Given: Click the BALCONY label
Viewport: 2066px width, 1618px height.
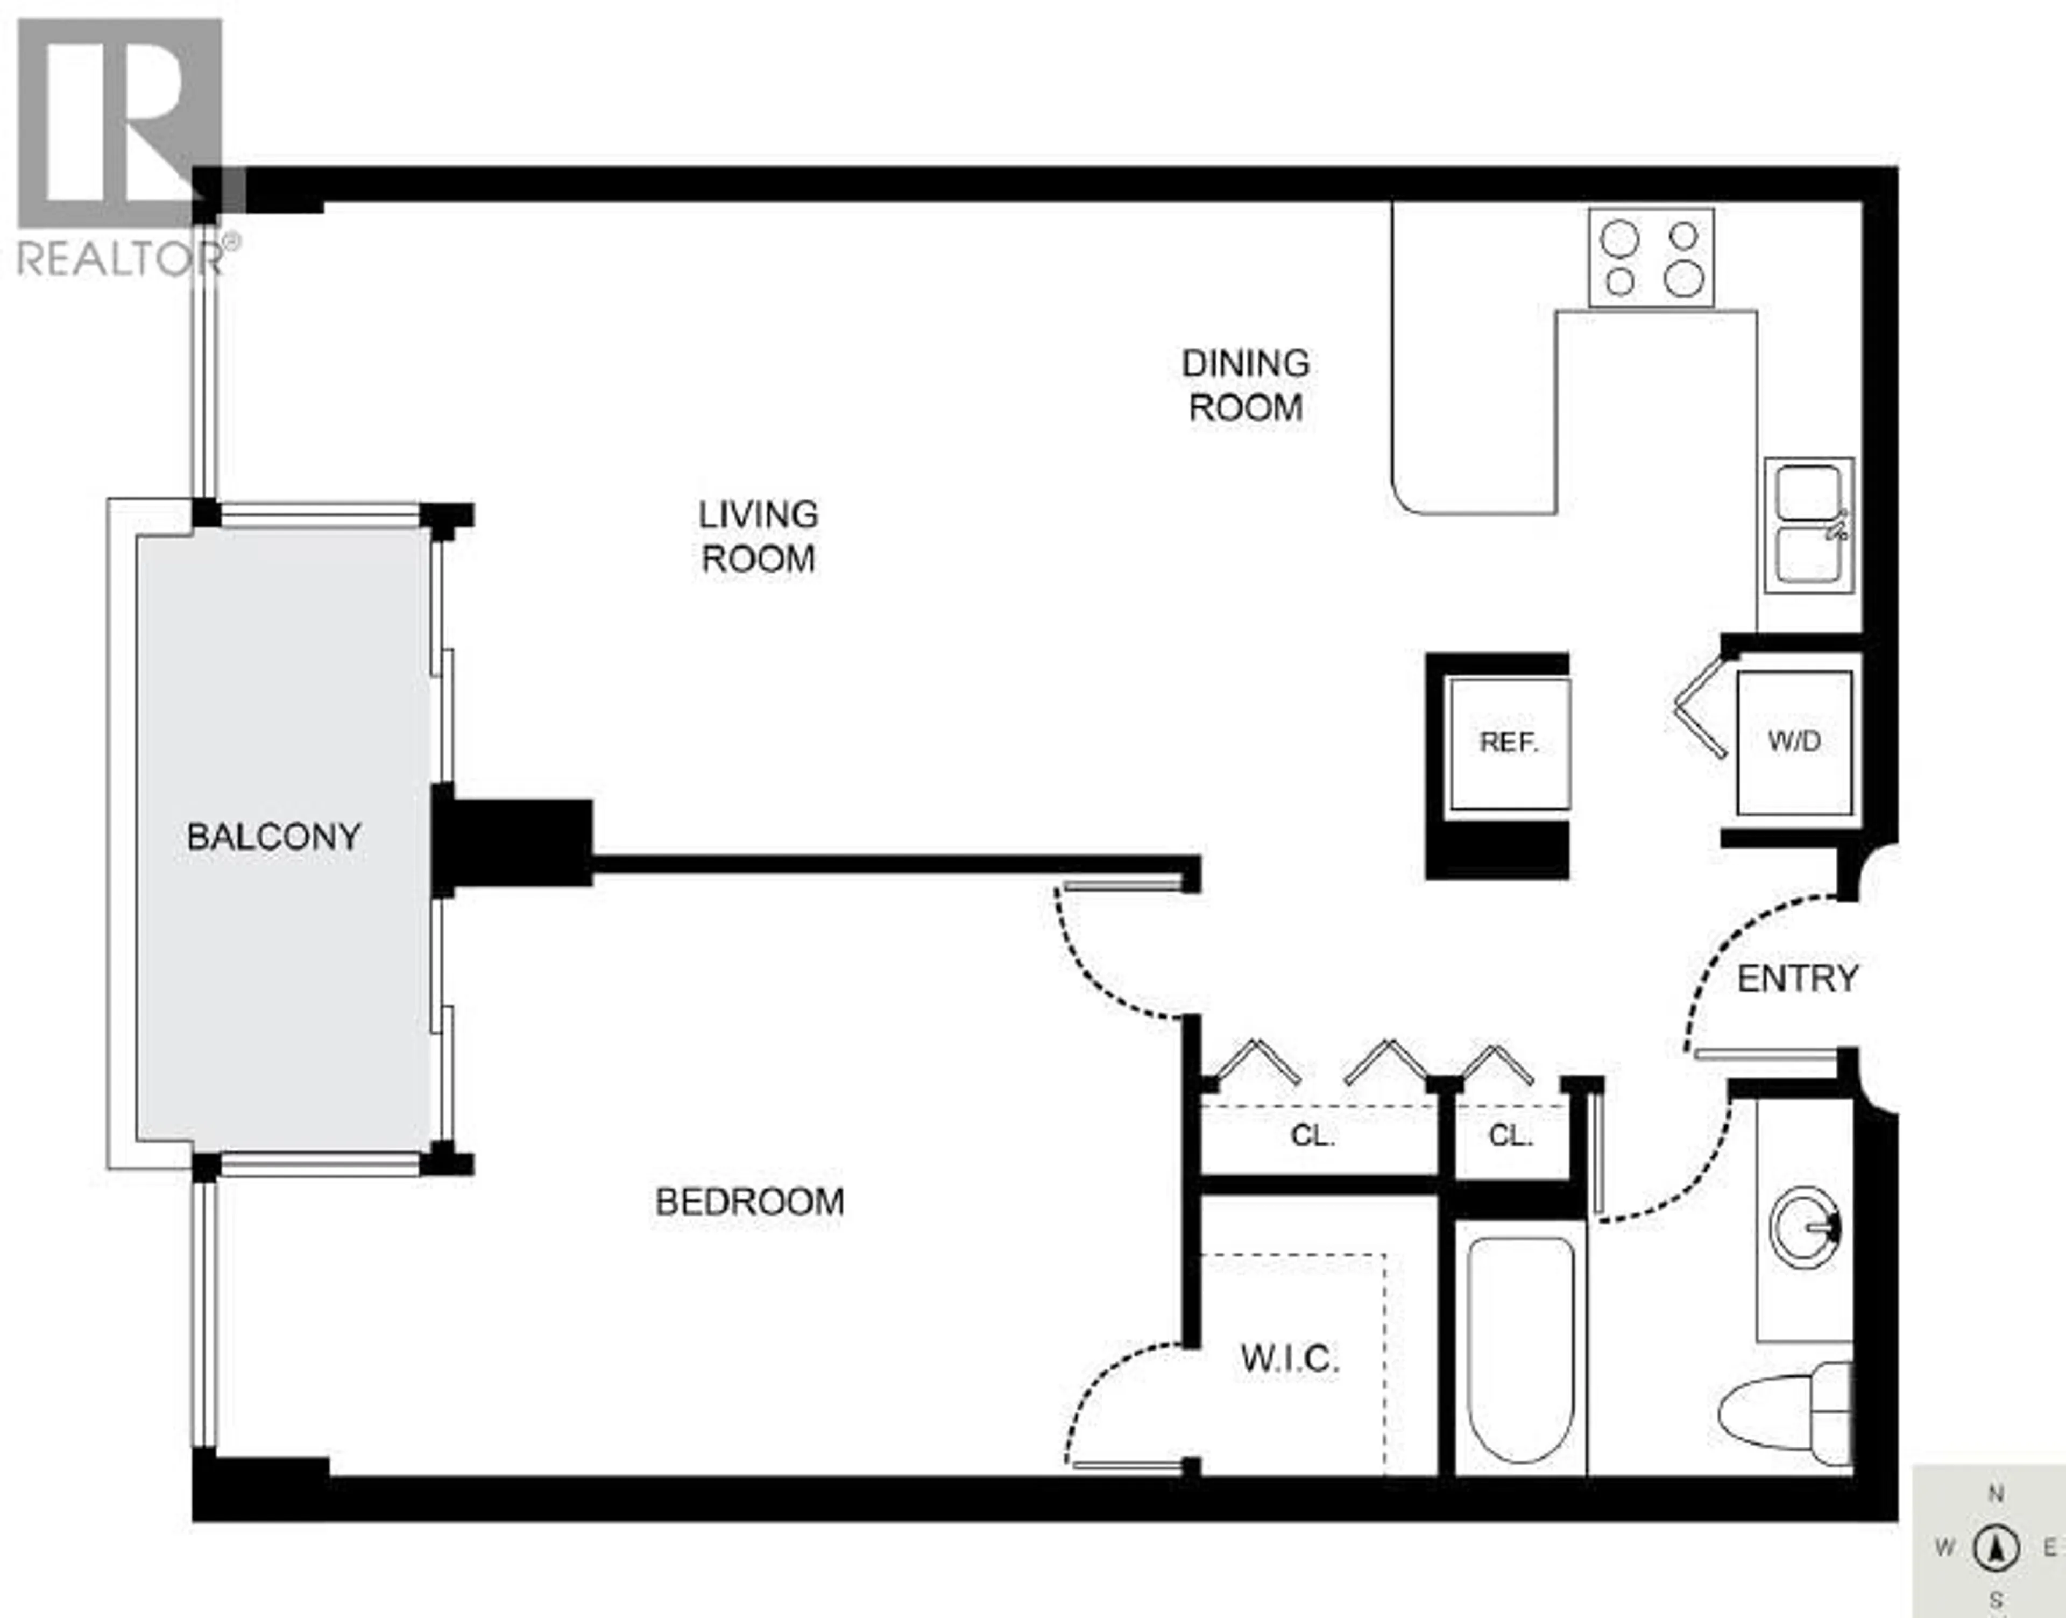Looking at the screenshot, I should click(274, 837).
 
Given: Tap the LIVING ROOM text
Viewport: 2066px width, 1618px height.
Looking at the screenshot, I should click(758, 536).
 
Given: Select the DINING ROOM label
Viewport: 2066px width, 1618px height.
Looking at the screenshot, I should click(1245, 386).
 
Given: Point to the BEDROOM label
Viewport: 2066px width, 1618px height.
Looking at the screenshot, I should click(749, 1202).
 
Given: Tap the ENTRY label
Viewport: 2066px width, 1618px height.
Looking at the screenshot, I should click(1797, 979).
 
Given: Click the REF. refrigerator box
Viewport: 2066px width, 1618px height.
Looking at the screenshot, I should click(1508, 743).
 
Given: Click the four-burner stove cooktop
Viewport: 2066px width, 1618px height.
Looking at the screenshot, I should click(1651, 258).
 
